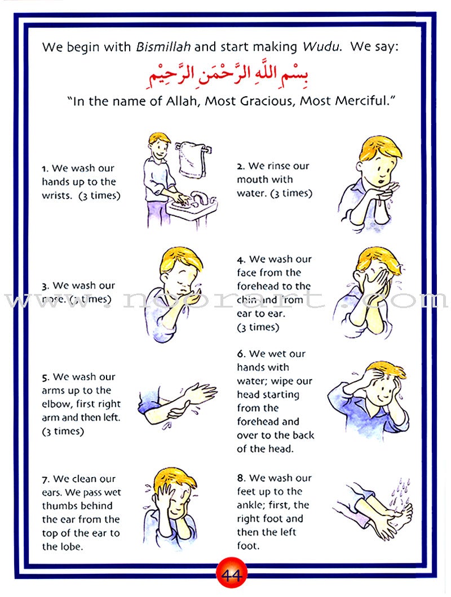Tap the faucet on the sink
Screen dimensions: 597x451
click(198, 197)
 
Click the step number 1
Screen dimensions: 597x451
click(44, 168)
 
